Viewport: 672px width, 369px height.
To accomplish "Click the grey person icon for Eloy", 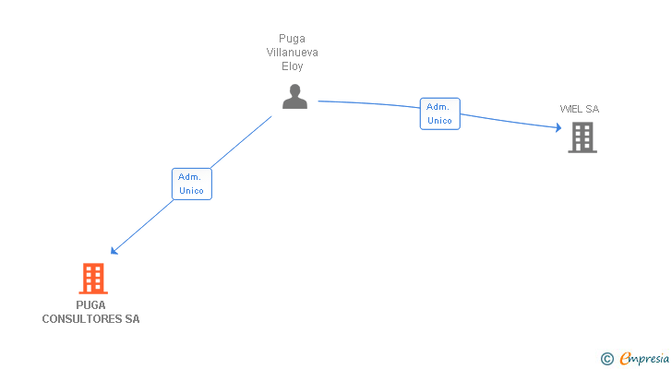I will (x=294, y=97).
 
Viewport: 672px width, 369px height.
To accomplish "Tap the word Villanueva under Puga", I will (x=292, y=53).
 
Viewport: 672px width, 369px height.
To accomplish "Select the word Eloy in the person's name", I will (x=292, y=66).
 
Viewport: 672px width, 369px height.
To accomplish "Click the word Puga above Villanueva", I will (x=292, y=39).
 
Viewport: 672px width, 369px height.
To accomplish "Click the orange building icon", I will (x=92, y=278).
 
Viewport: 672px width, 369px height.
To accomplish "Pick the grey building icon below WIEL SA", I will (x=582, y=137).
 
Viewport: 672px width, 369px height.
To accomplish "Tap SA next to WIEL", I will (x=593, y=109).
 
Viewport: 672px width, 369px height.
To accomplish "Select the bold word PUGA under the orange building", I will (x=91, y=305).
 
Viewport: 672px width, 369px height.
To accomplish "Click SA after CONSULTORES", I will (x=132, y=319).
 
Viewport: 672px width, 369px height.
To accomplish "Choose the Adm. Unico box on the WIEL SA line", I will (x=439, y=113).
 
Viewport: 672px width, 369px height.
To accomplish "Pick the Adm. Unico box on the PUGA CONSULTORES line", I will (x=191, y=184).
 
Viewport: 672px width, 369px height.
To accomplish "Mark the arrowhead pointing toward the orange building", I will (x=114, y=250).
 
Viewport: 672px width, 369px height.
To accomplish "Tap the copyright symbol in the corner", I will (x=606, y=359).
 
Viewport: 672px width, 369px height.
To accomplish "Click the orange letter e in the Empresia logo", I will (x=625, y=359).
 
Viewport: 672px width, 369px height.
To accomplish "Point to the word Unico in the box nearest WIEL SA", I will (x=439, y=121).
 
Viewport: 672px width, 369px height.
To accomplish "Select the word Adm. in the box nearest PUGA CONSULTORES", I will (x=190, y=176).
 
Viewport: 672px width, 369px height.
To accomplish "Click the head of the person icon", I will (x=294, y=90).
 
